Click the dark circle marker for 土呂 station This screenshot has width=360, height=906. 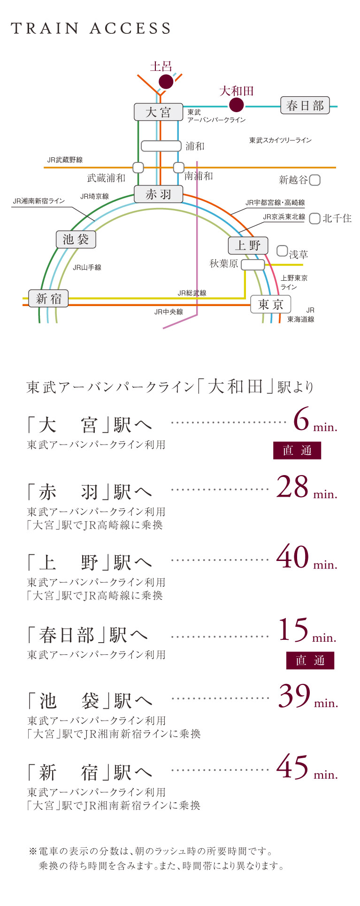pos(166,81)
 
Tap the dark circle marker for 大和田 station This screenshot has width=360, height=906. pos(236,105)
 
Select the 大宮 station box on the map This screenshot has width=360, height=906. pos(158,113)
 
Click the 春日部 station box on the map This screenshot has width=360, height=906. pos(305,106)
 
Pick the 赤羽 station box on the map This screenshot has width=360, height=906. pos(158,194)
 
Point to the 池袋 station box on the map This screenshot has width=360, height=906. pos(76,239)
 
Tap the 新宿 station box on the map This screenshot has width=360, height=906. pos(48,299)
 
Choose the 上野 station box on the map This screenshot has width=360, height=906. pos(248,245)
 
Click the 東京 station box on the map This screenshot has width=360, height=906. pos(270,304)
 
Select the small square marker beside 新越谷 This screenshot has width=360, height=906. pos(315,180)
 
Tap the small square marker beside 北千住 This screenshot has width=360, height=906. pos(315,218)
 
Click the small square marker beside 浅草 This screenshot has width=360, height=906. pos(282,251)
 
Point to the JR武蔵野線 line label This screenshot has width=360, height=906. pos(65,160)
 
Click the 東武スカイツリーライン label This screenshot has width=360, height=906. pos(280,140)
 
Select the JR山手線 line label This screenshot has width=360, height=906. pos(87,268)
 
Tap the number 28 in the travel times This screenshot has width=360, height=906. pos(292,487)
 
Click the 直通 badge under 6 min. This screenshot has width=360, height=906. pos(297,451)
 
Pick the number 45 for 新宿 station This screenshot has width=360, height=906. pos(292,767)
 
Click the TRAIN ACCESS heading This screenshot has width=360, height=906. pos(91,29)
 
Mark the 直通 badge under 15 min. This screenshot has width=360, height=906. pos(310,660)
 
